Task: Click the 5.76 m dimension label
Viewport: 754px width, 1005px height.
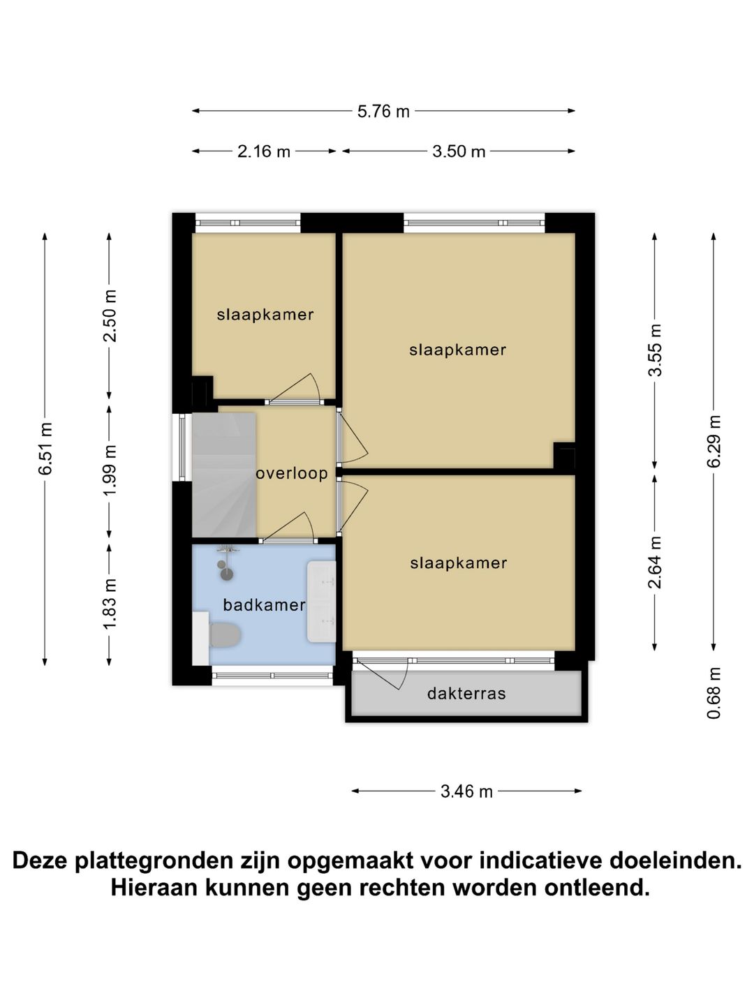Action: [x=383, y=111]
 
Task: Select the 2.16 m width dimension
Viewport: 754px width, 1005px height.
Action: [x=264, y=151]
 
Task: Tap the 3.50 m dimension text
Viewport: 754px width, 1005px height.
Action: [x=459, y=151]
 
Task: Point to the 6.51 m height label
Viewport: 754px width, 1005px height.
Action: [x=45, y=449]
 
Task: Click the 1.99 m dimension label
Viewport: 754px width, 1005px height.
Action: [x=110, y=470]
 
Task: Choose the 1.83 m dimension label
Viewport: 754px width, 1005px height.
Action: [x=110, y=604]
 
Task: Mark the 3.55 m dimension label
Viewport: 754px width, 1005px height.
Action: [x=655, y=350]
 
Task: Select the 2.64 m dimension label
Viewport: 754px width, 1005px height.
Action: [x=655, y=563]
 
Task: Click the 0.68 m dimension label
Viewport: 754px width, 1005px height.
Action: [x=714, y=693]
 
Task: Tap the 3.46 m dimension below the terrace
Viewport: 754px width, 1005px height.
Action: [x=466, y=791]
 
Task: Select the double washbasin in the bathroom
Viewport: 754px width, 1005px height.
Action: [x=321, y=602]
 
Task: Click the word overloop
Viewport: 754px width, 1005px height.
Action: [x=292, y=473]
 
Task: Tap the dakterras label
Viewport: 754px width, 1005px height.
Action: [x=466, y=694]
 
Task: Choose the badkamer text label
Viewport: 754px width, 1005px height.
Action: [x=264, y=605]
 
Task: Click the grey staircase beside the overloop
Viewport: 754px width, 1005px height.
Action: [x=223, y=475]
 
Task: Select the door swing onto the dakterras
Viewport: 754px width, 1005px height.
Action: [x=384, y=674]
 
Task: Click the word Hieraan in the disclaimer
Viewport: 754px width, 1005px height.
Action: [x=154, y=888]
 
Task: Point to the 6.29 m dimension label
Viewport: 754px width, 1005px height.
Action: [x=714, y=442]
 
